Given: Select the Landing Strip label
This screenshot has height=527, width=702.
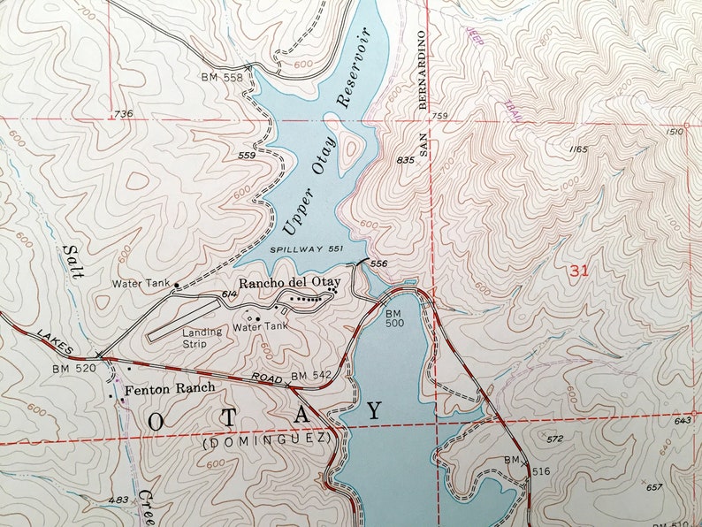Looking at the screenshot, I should click(201, 338).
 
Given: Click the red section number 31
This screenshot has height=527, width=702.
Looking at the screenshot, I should click(579, 271).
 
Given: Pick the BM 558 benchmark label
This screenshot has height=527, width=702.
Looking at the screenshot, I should click(221, 78).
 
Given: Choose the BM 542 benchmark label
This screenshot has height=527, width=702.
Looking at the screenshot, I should click(310, 376).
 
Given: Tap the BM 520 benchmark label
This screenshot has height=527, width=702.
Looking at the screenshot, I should click(72, 368).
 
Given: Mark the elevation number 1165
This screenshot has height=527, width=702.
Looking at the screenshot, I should click(578, 149).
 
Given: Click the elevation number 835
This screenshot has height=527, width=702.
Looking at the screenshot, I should click(406, 160).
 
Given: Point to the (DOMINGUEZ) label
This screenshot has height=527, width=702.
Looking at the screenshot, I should click(266, 439).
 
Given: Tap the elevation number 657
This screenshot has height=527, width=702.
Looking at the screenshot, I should click(653, 487).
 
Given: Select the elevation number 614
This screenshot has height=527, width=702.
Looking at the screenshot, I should click(230, 294).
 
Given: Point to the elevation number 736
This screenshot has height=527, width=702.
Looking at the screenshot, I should click(123, 114).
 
